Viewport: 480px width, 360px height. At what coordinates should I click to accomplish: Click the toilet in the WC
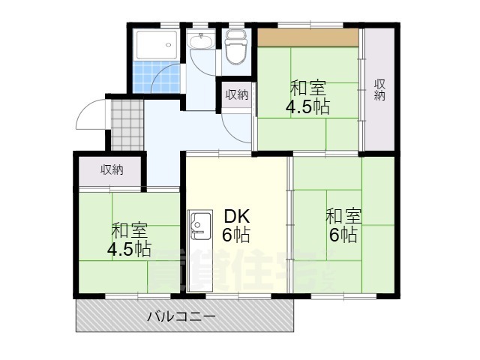pyautogui.click(x=235, y=50)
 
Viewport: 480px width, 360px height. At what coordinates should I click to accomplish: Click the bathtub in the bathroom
pyautogui.click(x=157, y=46)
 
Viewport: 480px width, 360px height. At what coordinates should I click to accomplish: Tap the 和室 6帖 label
pyautogui.click(x=343, y=226)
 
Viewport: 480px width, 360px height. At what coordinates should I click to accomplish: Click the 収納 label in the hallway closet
pyautogui.click(x=237, y=94)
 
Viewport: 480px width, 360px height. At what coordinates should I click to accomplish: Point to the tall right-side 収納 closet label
pyautogui.click(x=381, y=89)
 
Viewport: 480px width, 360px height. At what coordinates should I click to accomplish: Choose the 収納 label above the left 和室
pyautogui.click(x=112, y=170)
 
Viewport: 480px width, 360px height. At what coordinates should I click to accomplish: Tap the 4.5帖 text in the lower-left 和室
pyautogui.click(x=129, y=250)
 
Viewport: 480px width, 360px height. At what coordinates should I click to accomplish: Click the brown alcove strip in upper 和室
pyautogui.click(x=307, y=37)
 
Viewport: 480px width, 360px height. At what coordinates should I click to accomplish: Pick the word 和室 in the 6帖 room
pyautogui.click(x=343, y=216)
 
